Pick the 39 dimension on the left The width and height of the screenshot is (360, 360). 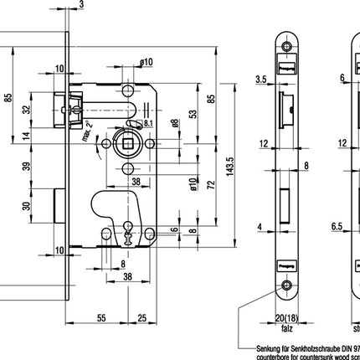25,167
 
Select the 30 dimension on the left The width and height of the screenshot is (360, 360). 25,208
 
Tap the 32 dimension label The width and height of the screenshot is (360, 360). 25,109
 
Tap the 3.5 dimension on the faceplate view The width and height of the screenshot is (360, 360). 260,80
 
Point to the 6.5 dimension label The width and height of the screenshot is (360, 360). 336,225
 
